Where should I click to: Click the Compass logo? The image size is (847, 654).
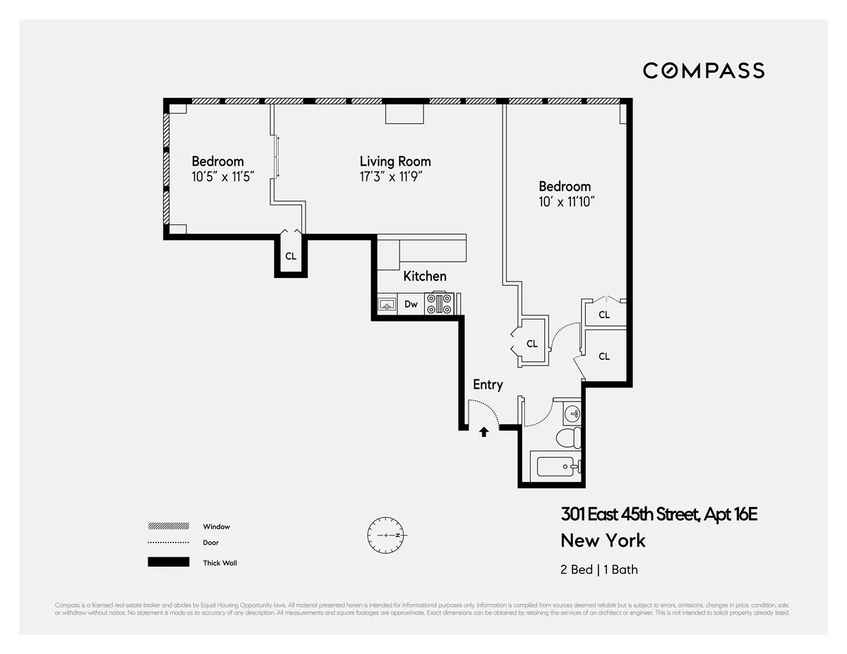703,71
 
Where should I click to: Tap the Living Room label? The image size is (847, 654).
395,161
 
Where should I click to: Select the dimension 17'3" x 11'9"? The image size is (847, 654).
395,177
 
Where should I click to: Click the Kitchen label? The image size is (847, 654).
424,276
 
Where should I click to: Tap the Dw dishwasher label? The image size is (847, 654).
411,305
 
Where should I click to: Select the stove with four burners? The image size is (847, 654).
440,304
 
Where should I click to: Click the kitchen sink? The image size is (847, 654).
386,305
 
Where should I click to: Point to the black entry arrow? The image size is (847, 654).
484,432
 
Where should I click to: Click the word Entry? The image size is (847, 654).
488,384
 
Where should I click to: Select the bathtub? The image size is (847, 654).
558,467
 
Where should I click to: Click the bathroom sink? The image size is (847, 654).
572,413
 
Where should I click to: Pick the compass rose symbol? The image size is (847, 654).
386,535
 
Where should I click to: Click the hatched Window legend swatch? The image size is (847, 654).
168,526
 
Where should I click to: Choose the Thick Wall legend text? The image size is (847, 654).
220,563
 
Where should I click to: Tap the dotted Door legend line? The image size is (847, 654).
168,543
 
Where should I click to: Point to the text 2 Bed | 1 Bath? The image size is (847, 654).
599,569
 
